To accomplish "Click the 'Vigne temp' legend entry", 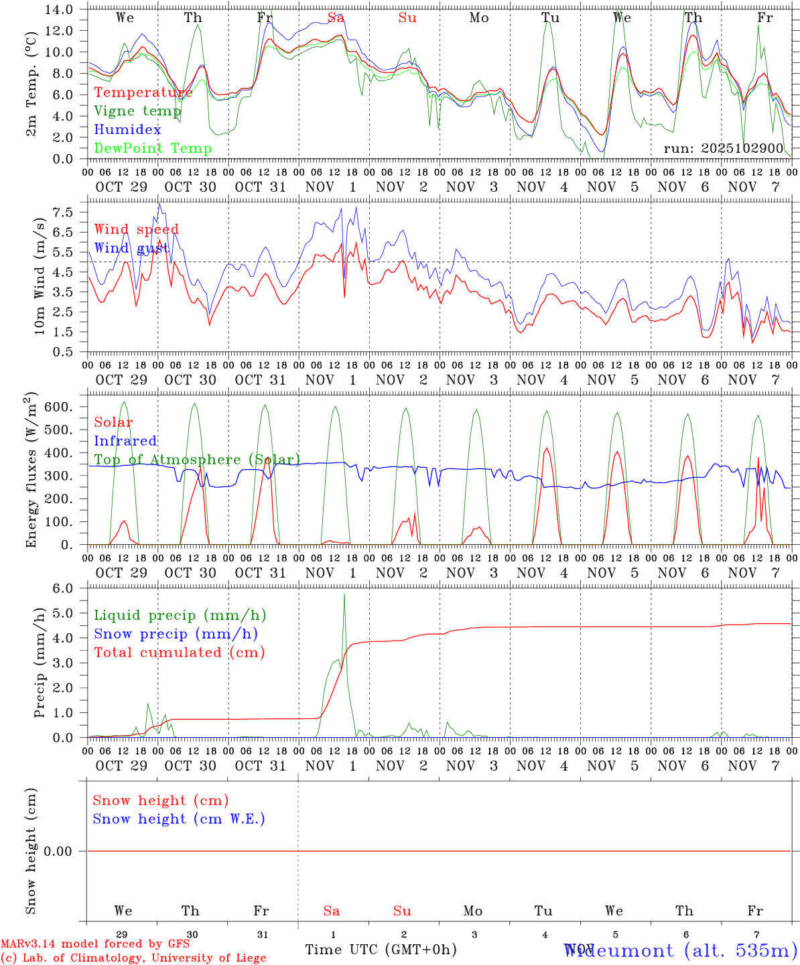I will [x=137, y=111].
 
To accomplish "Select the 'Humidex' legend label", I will [x=127, y=130].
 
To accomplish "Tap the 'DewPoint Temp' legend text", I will [x=153, y=149].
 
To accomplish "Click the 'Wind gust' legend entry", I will [x=131, y=249].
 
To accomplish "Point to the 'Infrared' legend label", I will [x=125, y=441].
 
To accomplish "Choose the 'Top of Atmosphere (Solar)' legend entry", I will [x=197, y=460].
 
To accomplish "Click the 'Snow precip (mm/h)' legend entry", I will [x=176, y=634].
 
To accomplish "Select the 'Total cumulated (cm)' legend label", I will [x=179, y=653].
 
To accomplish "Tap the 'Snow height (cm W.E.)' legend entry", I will [x=179, y=819].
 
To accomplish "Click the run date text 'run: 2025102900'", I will [x=723, y=149].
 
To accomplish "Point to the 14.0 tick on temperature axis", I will [x=61, y=9].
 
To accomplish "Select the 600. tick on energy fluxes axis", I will [x=59, y=407].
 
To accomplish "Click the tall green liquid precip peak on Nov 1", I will [x=344, y=594].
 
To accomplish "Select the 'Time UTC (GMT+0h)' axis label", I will [x=381, y=950].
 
